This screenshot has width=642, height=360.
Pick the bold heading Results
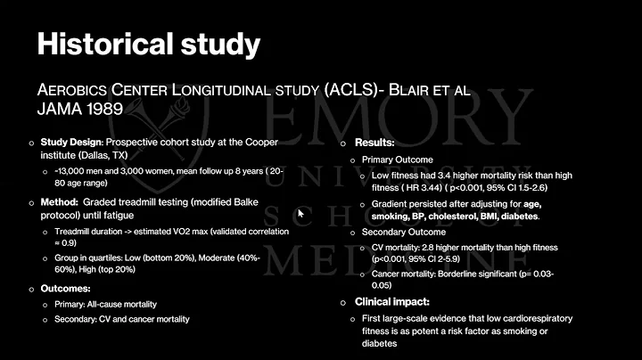coord(375,143)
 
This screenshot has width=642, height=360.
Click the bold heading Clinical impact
coord(393,302)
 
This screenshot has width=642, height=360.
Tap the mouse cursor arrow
coord(300,214)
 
